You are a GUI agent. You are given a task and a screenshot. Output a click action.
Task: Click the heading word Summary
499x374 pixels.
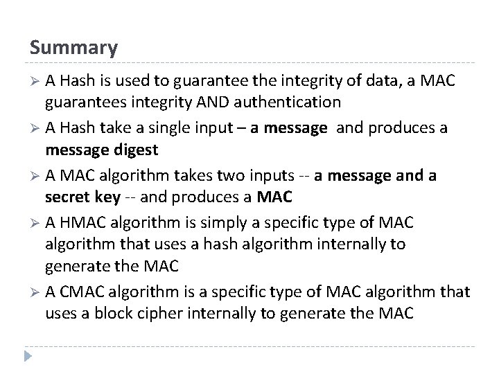coord(73,48)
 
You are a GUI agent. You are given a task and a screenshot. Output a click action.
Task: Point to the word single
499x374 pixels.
coord(176,128)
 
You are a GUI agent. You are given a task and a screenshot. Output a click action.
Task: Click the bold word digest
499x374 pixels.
coord(136,149)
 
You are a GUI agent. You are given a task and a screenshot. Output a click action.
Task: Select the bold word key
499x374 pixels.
coord(107,197)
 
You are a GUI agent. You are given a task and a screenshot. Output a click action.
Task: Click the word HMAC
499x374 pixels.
coord(81,223)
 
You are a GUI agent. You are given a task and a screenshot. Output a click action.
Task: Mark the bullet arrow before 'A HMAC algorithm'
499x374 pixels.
coord(35,223)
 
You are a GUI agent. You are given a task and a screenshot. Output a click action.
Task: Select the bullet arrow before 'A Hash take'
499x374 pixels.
coord(35,129)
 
